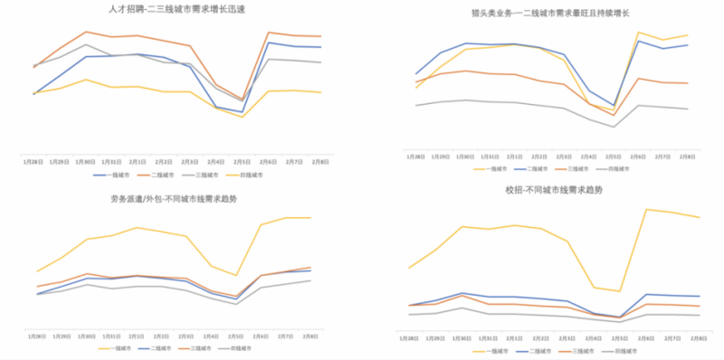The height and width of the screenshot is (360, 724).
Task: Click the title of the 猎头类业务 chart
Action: click(551, 14)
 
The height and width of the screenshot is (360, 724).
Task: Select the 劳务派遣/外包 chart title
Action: click(175, 199)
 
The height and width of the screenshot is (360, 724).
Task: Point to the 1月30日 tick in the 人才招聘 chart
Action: click(86, 162)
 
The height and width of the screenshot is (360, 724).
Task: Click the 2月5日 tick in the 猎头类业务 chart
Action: click(614, 156)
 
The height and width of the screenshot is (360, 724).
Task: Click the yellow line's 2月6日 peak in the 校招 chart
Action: click(647, 209)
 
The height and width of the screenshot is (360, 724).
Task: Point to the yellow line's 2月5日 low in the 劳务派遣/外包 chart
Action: click(237, 275)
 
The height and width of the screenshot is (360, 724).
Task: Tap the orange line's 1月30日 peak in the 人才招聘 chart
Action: click(86, 32)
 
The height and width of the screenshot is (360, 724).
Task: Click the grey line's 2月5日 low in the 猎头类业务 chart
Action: click(614, 127)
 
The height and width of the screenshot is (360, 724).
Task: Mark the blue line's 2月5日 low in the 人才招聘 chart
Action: click(242, 112)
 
